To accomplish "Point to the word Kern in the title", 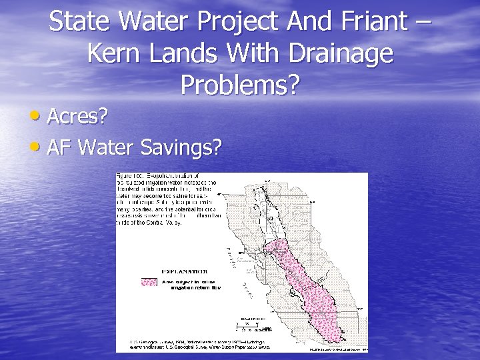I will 113,53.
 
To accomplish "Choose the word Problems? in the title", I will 241,85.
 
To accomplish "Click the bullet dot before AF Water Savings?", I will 37,145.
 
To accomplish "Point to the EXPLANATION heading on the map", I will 183,271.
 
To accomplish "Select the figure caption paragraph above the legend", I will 167,199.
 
